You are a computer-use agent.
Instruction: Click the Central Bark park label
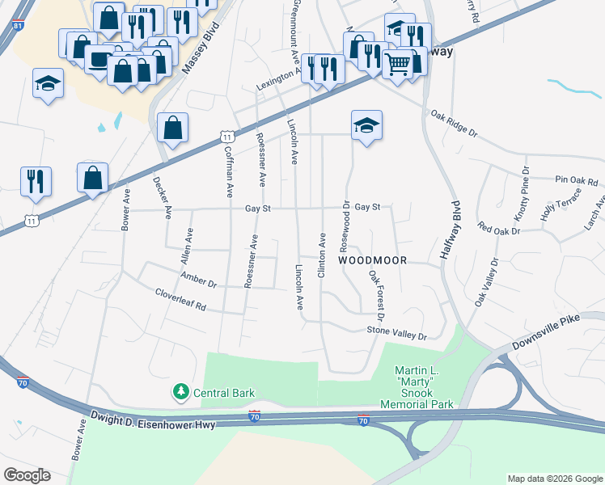point(223,394)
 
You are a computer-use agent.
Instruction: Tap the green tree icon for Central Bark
point(181,393)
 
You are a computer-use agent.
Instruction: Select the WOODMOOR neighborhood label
point(371,261)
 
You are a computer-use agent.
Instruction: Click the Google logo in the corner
point(27,475)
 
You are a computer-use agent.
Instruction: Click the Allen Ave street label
point(188,247)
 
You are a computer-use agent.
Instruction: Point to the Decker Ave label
point(163,197)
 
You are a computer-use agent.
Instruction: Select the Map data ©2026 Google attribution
point(554,479)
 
